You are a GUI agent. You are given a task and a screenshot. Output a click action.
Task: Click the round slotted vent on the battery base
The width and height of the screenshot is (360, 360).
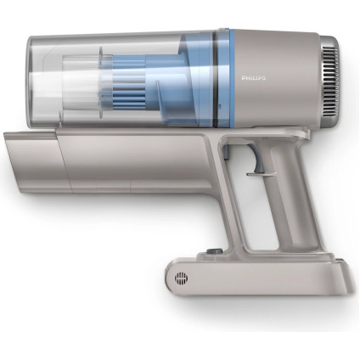click(x=180, y=278)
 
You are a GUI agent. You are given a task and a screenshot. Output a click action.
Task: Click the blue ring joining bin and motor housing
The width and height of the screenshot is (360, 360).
click(x=223, y=77)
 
